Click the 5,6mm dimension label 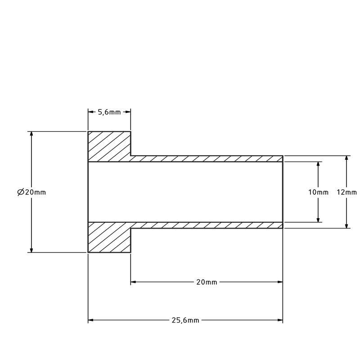pos(109,112)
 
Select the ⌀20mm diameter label pos(31,192)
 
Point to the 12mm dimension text pos(346,192)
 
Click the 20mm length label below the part pos(207,283)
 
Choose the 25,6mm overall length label pos(185,320)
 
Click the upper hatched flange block pos(109,146)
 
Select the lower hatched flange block pos(109,237)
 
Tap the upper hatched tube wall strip pos(207,159)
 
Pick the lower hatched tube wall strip pos(207,225)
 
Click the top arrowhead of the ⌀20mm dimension pos(31,135)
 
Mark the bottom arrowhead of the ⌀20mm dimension pos(31,249)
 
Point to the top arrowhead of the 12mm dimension pos(346,159)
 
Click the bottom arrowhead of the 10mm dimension pos(319,219)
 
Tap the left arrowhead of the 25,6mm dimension pos(90,320)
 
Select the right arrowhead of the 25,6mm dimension pos(280,320)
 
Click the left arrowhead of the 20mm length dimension pos(134,283)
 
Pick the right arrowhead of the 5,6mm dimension pos(128,112)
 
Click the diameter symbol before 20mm pos(20,192)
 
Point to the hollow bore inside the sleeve pos(184,192)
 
